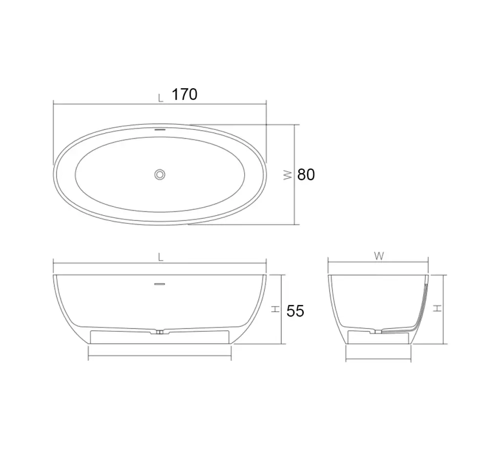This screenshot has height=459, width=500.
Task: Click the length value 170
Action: pyautogui.click(x=185, y=94)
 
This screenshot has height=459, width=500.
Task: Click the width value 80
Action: pyautogui.click(x=306, y=175)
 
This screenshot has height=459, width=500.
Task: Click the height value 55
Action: pyautogui.click(x=295, y=311)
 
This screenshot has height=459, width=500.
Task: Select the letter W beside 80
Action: pyautogui.click(x=288, y=175)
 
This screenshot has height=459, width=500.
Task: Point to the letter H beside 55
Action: pyautogui.click(x=275, y=309)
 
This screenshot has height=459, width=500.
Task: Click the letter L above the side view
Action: pyautogui.click(x=161, y=257)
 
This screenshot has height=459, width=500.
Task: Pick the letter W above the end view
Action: pyautogui.click(x=379, y=256)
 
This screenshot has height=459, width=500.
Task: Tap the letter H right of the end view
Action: pyautogui.click(x=438, y=308)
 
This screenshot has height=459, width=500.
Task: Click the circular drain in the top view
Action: pyautogui.click(x=160, y=175)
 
